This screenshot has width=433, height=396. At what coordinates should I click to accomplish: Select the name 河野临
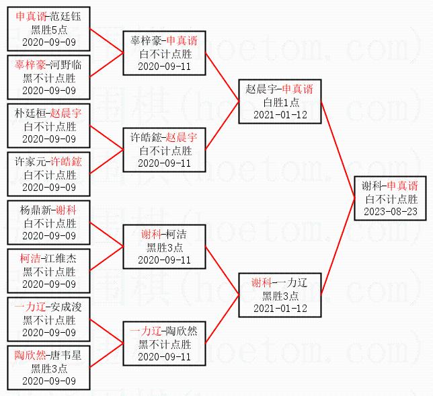[x=65, y=65]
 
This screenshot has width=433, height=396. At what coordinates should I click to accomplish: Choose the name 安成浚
[x=65, y=307]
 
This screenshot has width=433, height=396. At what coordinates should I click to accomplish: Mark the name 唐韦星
[x=65, y=355]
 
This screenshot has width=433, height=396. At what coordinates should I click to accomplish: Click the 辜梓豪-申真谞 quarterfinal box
[x=164, y=53]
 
